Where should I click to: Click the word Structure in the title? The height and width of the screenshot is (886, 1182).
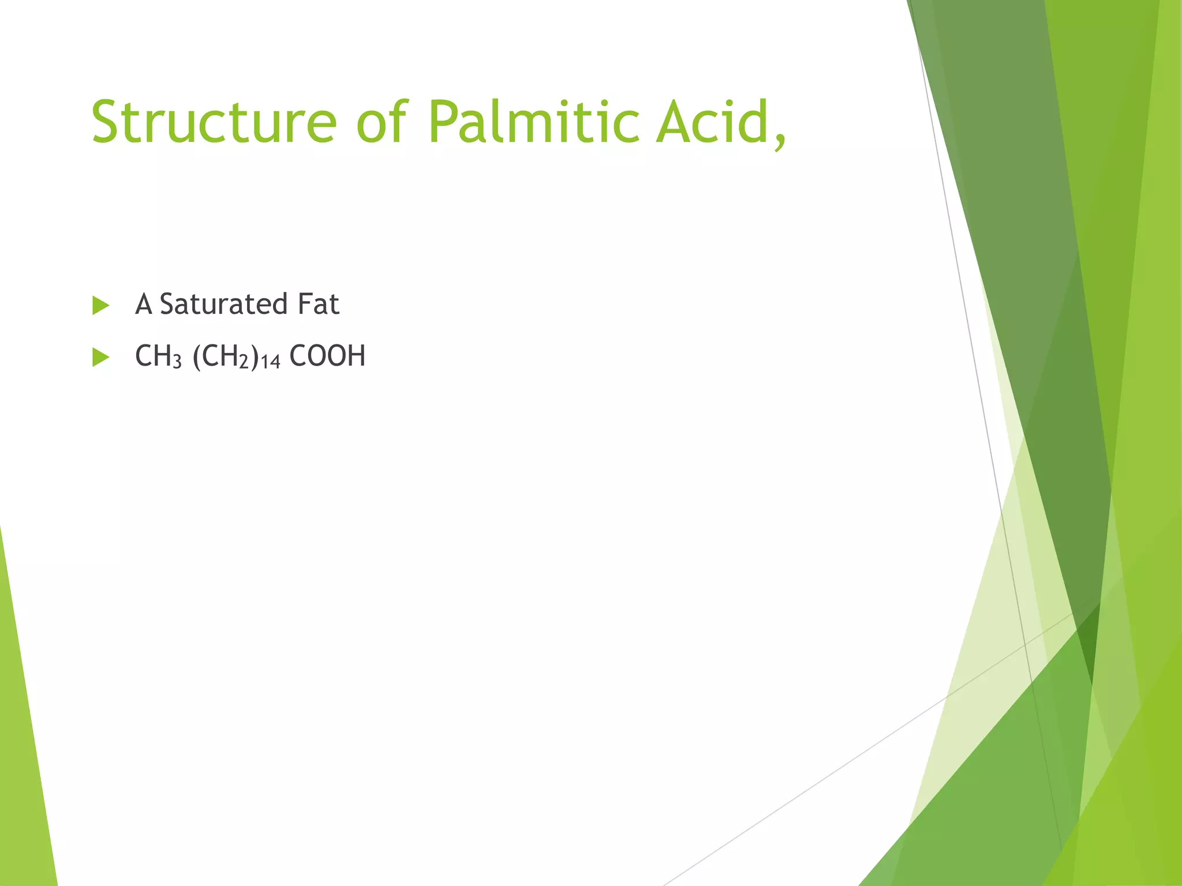tap(214, 122)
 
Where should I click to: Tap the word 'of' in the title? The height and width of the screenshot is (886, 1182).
tap(383, 122)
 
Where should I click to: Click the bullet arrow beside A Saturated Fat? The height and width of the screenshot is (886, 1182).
tap(100, 306)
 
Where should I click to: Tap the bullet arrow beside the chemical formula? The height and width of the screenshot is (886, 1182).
tap(100, 358)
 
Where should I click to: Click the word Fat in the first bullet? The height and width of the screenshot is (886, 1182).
tap(318, 304)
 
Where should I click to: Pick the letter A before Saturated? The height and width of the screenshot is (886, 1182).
tap(143, 304)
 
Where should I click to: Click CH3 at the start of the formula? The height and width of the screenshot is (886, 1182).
tap(158, 356)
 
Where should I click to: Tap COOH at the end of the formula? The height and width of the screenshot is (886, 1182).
tap(327, 356)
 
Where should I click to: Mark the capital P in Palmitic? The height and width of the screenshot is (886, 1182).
tap(444, 122)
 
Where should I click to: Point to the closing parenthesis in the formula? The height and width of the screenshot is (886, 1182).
tap(255, 356)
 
